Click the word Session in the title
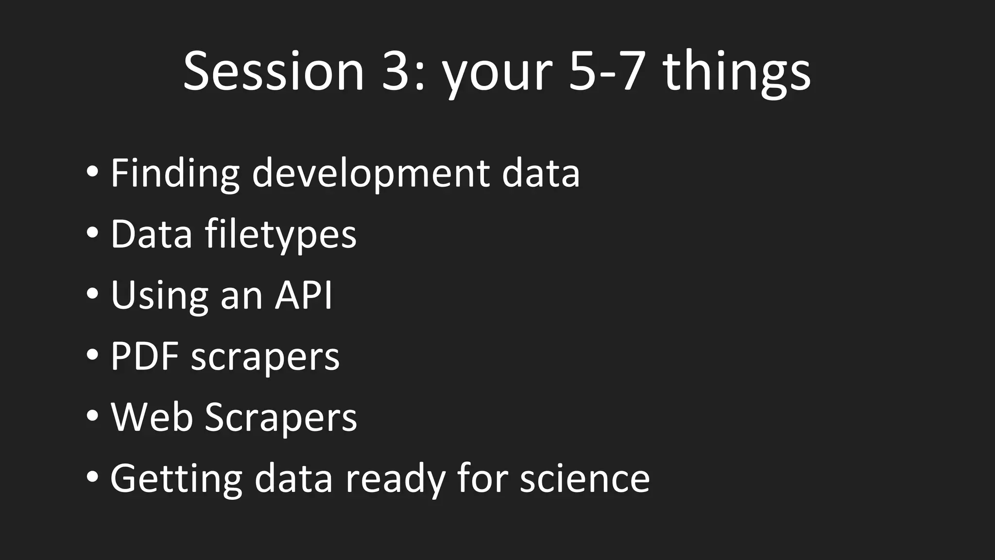tap(274, 72)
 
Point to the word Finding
tap(175, 174)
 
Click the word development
tap(371, 174)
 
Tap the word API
tap(303, 296)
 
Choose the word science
tap(584, 479)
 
